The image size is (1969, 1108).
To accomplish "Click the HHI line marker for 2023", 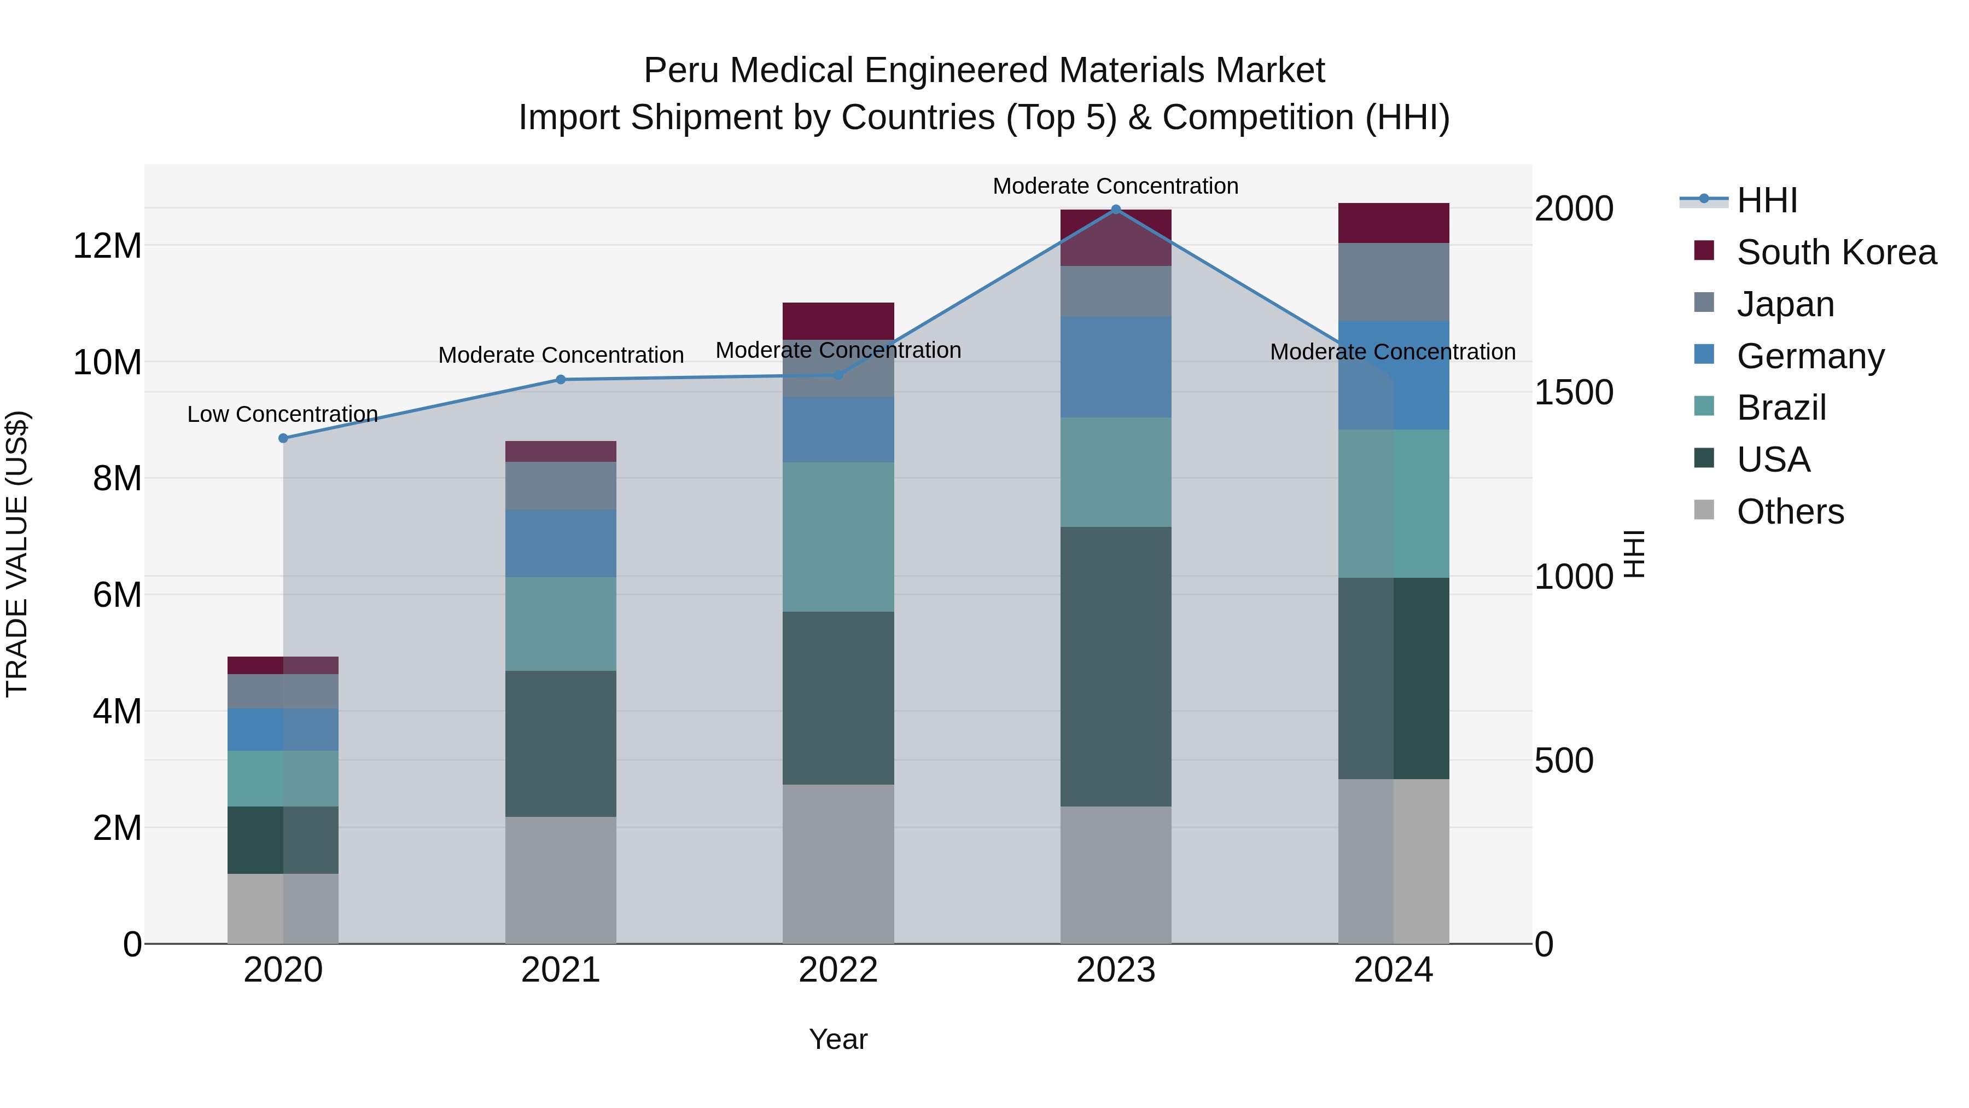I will click(1115, 210).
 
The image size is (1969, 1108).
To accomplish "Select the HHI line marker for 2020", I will click(283, 438).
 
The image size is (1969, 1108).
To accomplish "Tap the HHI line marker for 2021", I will click(560, 379).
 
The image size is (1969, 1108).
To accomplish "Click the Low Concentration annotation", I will click(282, 414).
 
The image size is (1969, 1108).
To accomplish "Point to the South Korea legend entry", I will click(1836, 252).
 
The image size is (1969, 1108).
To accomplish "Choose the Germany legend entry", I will click(1810, 356).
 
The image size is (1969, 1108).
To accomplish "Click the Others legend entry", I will click(1790, 512).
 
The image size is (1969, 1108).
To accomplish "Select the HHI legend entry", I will click(1767, 200).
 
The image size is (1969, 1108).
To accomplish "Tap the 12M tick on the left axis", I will click(107, 246).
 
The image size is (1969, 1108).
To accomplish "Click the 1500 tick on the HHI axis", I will click(1574, 392).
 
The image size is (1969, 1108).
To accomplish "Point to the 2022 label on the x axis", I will click(838, 970).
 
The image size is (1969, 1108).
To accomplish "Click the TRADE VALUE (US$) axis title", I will click(17, 554).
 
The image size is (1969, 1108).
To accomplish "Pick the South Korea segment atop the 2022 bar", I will click(838, 321).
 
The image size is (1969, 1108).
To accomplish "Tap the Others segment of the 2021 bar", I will click(560, 879).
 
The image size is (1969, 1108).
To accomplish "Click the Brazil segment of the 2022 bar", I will click(838, 537).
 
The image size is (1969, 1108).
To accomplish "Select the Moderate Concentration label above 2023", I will click(1115, 186).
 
